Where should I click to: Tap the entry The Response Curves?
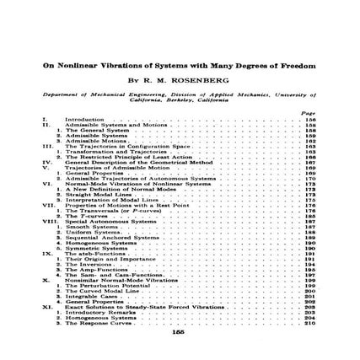pos(101,323)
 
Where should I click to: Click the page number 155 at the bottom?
pos(177,332)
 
